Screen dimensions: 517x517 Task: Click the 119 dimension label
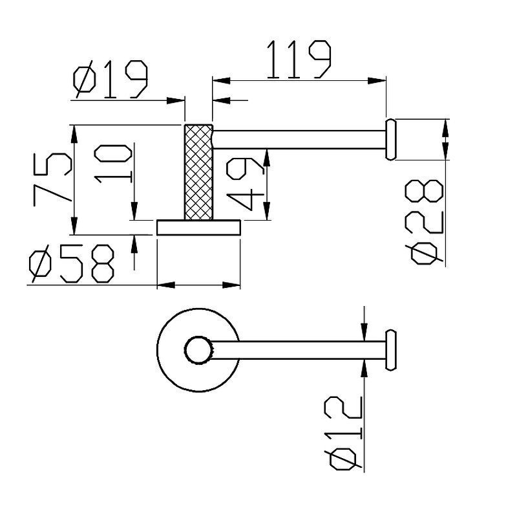[x=299, y=60]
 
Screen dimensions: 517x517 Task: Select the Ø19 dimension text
[x=111, y=79]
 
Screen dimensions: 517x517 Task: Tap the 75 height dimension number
[x=52, y=179]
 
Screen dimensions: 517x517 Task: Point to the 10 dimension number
[x=113, y=164]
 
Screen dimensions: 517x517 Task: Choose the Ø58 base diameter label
[x=72, y=263]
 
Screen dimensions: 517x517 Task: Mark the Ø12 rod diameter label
[x=343, y=433]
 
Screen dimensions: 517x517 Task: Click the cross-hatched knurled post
[x=198, y=172]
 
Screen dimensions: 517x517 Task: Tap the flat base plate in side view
[x=198, y=228]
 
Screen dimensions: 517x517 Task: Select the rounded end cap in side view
[x=390, y=139]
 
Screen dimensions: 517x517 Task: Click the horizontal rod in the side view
[x=299, y=140]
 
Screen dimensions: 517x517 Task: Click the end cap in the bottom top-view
[x=390, y=350]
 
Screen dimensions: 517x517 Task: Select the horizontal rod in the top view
[x=299, y=350]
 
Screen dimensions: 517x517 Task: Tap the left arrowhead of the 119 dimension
[x=221, y=80]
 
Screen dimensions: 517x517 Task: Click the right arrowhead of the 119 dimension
[x=377, y=80]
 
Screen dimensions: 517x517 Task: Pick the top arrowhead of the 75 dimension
[x=74, y=134]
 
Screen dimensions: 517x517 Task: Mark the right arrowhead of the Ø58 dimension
[x=231, y=285]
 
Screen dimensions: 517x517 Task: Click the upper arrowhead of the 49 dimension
[x=267, y=158]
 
